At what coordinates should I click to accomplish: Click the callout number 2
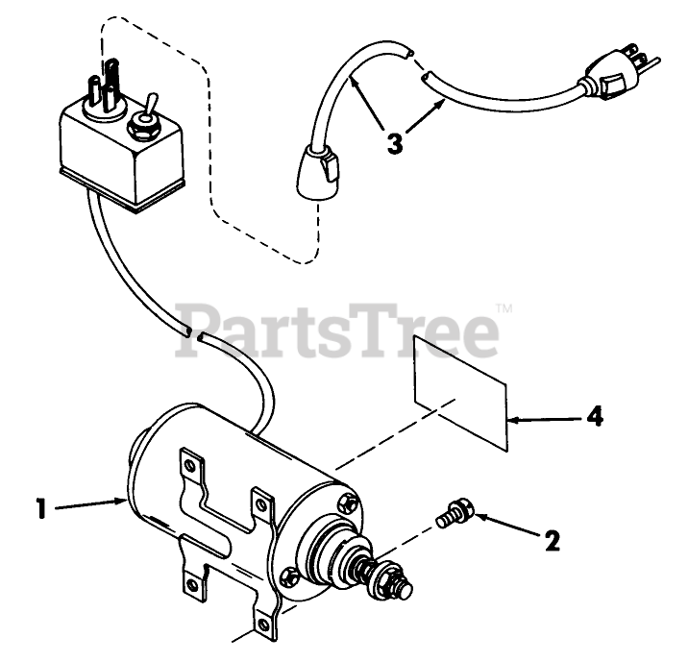click(552, 541)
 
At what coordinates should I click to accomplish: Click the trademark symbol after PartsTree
click(504, 309)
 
